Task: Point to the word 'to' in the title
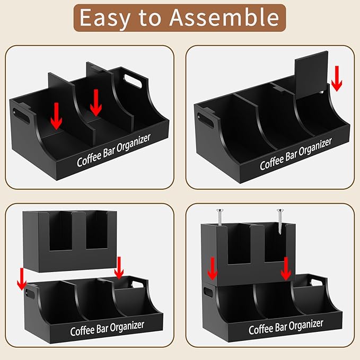tap(153, 17)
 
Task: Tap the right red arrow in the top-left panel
tap(95, 102)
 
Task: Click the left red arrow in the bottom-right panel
tap(212, 268)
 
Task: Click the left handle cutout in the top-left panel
tap(22, 114)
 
